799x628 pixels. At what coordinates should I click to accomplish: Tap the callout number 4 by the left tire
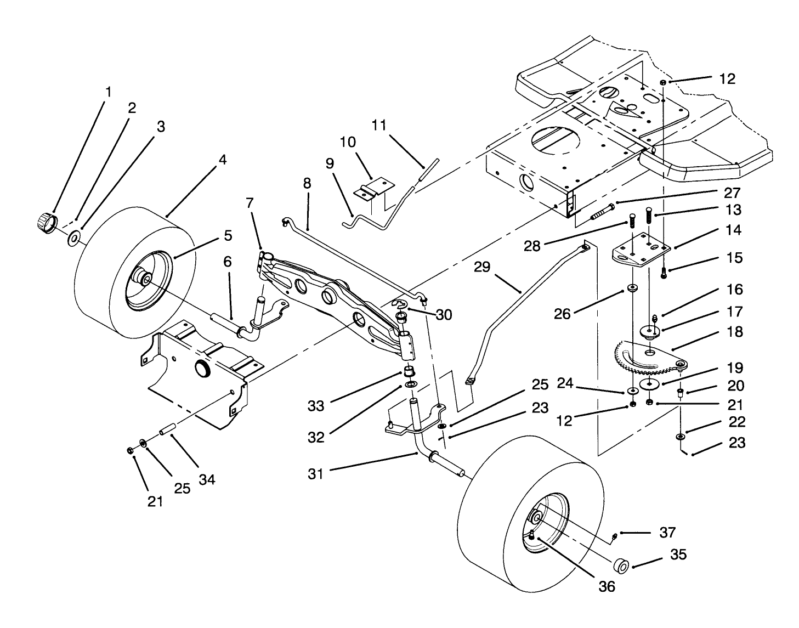point(222,160)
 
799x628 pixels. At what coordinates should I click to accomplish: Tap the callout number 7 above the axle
point(250,203)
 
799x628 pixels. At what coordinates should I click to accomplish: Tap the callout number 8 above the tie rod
point(307,183)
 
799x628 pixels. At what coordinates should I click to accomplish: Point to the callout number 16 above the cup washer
point(735,289)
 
